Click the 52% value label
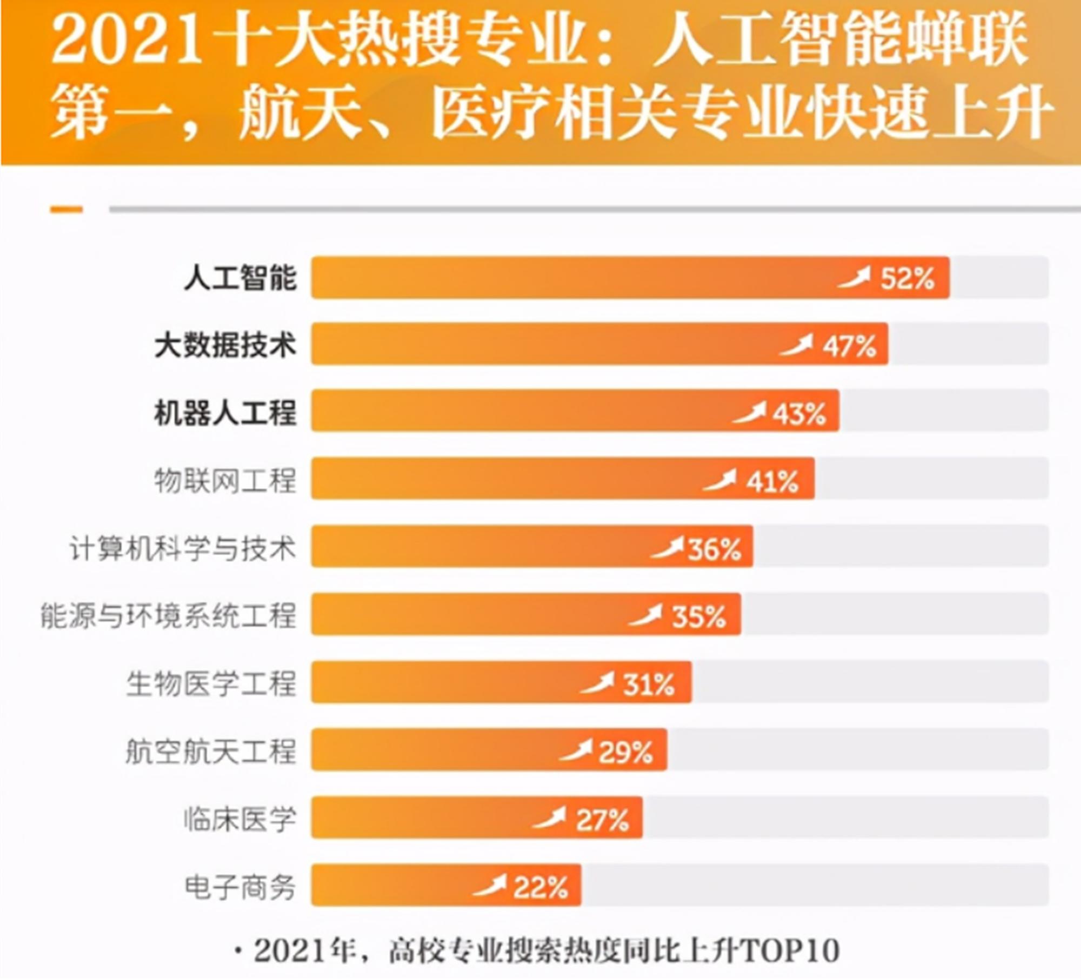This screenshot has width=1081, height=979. [x=907, y=279]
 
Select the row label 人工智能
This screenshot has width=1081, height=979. [x=240, y=278]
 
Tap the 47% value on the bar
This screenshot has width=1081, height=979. [x=849, y=346]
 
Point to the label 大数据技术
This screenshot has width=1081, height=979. [x=225, y=345]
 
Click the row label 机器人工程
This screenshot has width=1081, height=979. [x=225, y=413]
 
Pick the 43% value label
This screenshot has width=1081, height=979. [x=799, y=414]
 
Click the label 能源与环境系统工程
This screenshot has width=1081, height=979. [x=169, y=616]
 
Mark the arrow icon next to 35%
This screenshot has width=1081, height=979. [x=645, y=615]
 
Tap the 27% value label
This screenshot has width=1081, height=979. [x=602, y=821]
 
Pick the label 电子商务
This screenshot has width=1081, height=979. [x=240, y=887]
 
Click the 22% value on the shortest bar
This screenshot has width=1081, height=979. [x=540, y=888]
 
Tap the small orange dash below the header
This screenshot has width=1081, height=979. [x=66, y=210]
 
